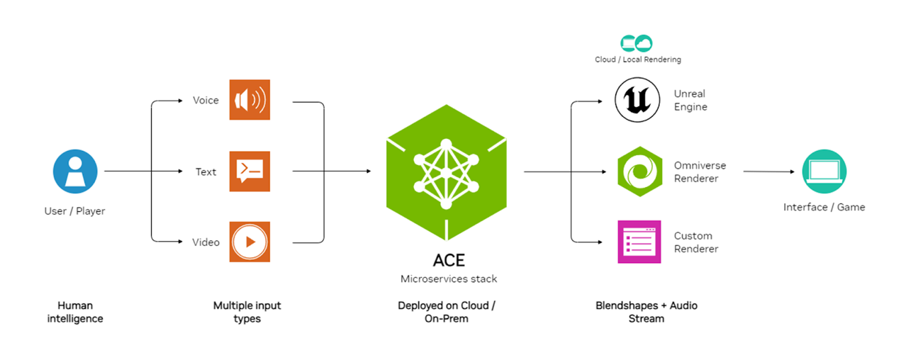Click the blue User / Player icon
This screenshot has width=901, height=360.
coord(74,171)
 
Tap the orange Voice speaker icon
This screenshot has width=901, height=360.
coord(250,100)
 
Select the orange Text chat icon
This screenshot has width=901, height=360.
coord(250,171)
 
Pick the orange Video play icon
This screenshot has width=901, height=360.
coord(250,242)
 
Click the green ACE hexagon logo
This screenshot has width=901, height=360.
coord(446,172)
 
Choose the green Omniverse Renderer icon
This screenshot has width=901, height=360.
coord(639,171)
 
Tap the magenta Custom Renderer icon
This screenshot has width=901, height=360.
coord(639,242)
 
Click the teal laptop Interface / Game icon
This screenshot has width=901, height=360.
coord(824,171)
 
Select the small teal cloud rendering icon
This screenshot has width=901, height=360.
coord(637,43)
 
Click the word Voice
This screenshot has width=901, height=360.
coord(206,101)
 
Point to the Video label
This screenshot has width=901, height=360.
coord(206,242)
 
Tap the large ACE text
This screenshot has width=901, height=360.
coord(449,260)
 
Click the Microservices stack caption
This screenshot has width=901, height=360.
coord(449,279)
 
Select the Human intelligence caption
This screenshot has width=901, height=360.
coord(75,312)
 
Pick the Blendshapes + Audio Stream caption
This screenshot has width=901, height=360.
coord(647,312)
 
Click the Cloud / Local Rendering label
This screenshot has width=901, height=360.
coord(638,60)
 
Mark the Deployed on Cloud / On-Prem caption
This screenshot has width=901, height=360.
coord(447,312)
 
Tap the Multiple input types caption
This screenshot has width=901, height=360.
coord(247,312)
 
